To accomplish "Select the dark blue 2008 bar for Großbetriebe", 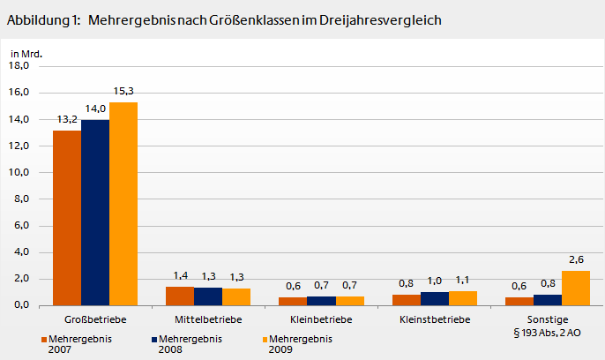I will click(x=95, y=212).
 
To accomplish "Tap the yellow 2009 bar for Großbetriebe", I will click(x=123, y=203).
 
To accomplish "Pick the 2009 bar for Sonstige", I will click(x=576, y=288).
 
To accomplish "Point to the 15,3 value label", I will click(x=123, y=91).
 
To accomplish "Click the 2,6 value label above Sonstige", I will click(x=576, y=259).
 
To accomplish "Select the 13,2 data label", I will click(x=67, y=119).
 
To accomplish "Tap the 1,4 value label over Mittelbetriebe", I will click(x=180, y=275).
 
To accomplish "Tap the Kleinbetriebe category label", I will click(x=321, y=319).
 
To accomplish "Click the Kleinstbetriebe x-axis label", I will click(x=435, y=319).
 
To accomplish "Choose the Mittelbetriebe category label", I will click(x=208, y=319).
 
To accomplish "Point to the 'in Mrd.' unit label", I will click(x=26, y=53).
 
